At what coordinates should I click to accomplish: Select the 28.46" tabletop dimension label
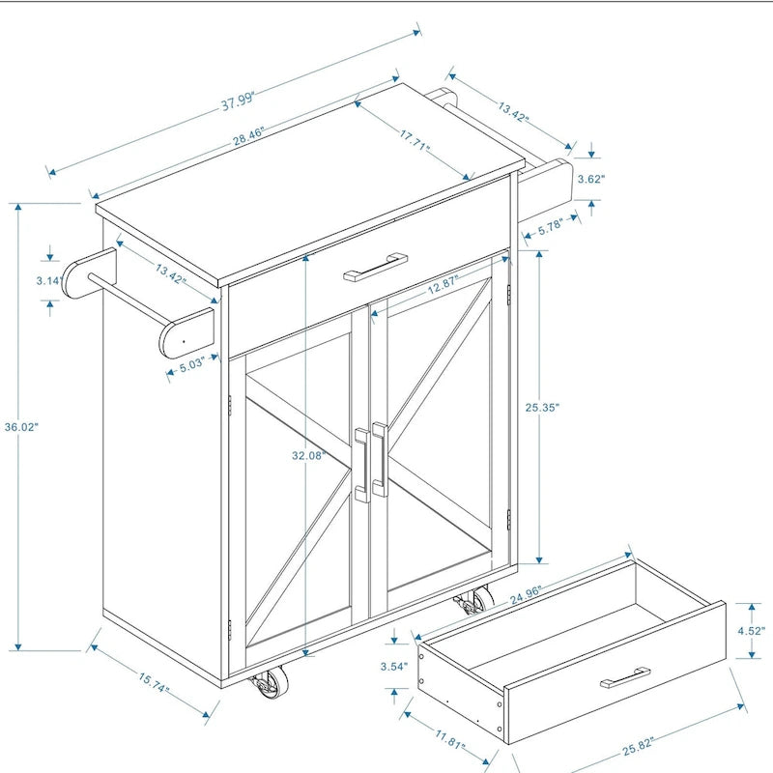point(248,134)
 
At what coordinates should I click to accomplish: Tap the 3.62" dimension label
point(591,179)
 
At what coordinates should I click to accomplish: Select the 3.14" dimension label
point(49,280)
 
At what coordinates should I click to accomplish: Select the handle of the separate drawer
point(625,676)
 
